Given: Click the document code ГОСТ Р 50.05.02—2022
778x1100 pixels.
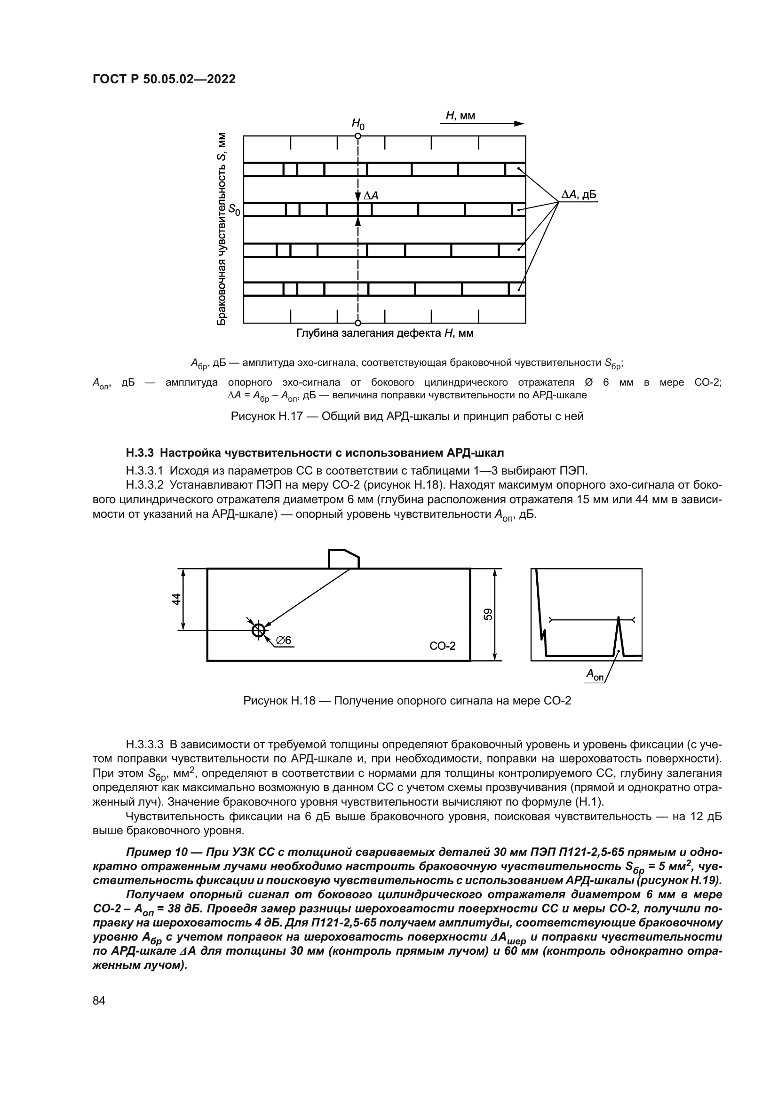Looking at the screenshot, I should click(x=164, y=79).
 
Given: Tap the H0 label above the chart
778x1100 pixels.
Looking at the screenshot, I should click(x=358, y=124).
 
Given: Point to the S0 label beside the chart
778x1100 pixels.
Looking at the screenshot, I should click(x=234, y=209).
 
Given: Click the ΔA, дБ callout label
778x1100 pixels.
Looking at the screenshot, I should click(x=579, y=195).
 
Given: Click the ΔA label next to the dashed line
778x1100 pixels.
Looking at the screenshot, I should click(x=371, y=196).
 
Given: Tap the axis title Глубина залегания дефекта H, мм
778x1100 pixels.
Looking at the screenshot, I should click(x=385, y=333).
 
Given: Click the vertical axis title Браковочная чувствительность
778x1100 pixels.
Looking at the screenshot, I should click(x=222, y=229).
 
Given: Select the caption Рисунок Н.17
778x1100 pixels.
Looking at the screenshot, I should click(x=407, y=416).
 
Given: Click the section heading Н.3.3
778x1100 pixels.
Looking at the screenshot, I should click(x=315, y=453).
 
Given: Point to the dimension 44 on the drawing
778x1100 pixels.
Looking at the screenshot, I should click(x=177, y=599).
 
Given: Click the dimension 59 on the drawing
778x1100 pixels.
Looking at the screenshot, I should click(x=488, y=614).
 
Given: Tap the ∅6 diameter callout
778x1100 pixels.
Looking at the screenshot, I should click(x=284, y=641).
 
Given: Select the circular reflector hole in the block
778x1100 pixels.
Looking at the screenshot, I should click(x=259, y=630).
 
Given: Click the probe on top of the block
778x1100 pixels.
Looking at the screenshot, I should click(x=343, y=559).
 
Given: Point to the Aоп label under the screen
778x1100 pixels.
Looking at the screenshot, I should click(x=595, y=675).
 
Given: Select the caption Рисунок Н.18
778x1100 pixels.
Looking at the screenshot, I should click(x=407, y=701).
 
